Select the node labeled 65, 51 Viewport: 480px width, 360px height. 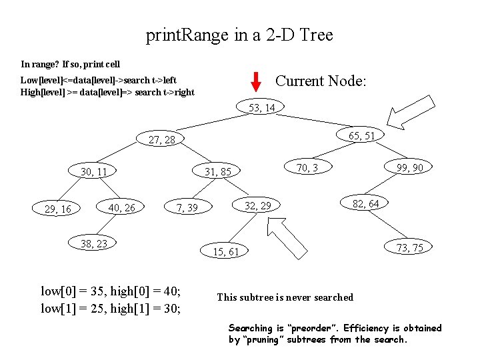(x=362, y=135)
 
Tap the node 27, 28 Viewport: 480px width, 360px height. (x=162, y=140)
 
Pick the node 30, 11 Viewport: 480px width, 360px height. (x=94, y=172)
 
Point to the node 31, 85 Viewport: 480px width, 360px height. (x=218, y=172)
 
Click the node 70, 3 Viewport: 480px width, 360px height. (x=307, y=167)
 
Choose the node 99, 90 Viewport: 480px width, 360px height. (x=409, y=167)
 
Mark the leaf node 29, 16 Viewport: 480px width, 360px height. (x=57, y=210)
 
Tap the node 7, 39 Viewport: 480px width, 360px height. (x=187, y=209)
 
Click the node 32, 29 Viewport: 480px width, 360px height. (x=258, y=205)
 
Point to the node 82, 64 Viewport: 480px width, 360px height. (x=366, y=203)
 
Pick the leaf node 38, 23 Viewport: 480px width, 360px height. (x=94, y=243)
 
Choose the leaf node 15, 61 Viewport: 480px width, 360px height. (x=225, y=251)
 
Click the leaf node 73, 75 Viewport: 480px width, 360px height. (x=409, y=248)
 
